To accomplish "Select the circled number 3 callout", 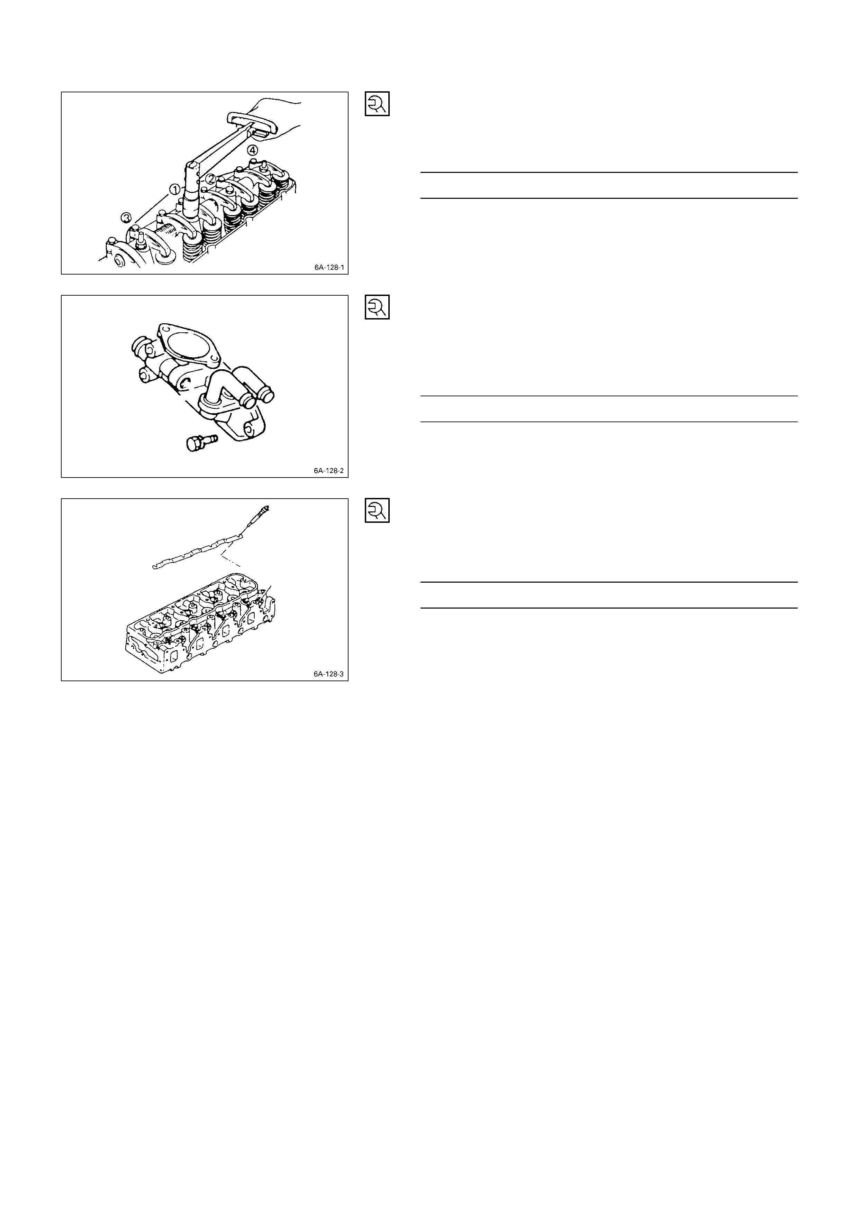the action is tap(126, 217).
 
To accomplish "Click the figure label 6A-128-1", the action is tap(329, 267).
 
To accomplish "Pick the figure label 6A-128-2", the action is tap(329, 470).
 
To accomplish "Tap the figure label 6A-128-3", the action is tap(329, 674).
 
